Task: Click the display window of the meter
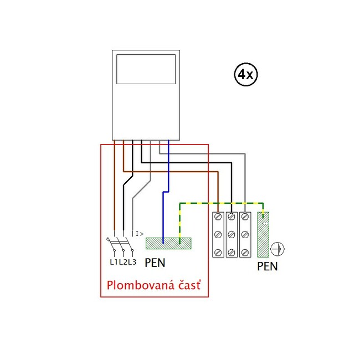click(x=146, y=69)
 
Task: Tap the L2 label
click(x=123, y=262)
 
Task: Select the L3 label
click(x=132, y=262)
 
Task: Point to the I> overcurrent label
click(x=140, y=233)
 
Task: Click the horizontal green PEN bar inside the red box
click(x=168, y=243)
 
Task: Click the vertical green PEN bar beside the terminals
click(x=264, y=234)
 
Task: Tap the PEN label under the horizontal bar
click(x=155, y=263)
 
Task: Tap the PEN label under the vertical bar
click(x=268, y=266)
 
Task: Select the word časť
click(x=189, y=286)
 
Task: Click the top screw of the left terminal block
click(x=219, y=217)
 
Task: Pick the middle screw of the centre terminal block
click(x=232, y=234)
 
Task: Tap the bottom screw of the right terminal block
click(x=245, y=252)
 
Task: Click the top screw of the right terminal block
click(x=245, y=217)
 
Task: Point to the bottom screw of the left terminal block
click(x=219, y=252)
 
